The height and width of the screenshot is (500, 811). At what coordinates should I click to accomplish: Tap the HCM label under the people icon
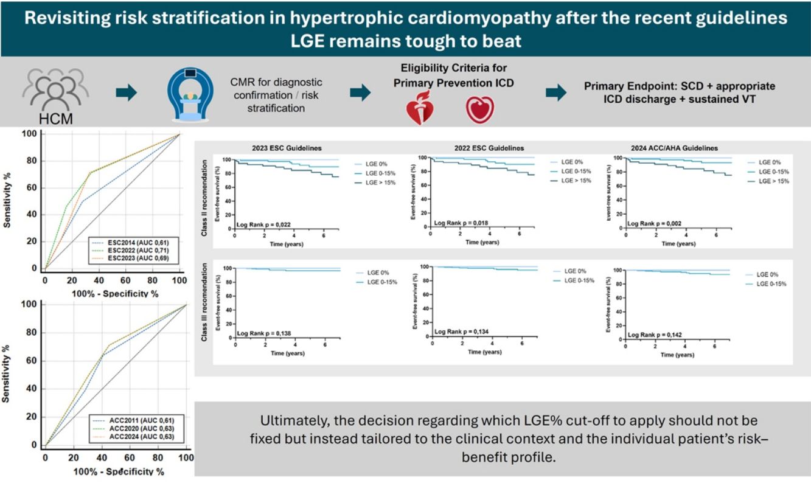[56, 119]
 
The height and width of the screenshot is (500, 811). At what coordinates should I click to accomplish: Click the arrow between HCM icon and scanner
[127, 93]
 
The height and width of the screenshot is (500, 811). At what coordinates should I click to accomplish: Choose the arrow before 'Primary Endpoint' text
[555, 93]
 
